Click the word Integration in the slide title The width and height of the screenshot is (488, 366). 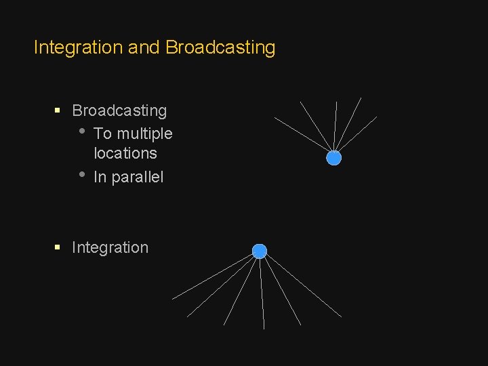75,47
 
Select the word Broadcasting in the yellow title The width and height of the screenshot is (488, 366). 220,47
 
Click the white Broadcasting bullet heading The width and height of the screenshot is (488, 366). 119,110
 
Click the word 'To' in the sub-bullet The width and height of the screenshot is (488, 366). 102,134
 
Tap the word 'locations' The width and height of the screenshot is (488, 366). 125,153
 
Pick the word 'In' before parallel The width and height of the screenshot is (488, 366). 100,178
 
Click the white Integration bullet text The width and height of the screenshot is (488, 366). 110,247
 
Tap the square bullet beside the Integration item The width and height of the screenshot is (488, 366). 58,247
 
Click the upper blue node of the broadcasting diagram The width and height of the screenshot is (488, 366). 333,158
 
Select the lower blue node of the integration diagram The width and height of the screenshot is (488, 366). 260,251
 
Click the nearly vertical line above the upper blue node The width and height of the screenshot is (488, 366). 335,125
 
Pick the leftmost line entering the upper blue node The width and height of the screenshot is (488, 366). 301,134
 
